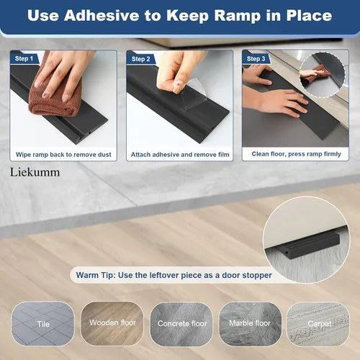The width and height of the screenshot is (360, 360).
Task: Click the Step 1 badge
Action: (24, 58)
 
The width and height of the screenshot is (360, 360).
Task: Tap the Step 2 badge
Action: (140, 58)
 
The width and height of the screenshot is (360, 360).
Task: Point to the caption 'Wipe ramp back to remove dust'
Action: (63, 154)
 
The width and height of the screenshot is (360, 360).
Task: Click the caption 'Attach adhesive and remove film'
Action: (179, 154)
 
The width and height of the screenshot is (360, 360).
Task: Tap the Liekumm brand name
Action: (35, 173)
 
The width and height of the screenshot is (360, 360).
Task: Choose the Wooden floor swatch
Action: (112, 323)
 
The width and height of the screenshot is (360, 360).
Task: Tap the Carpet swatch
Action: (319, 323)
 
